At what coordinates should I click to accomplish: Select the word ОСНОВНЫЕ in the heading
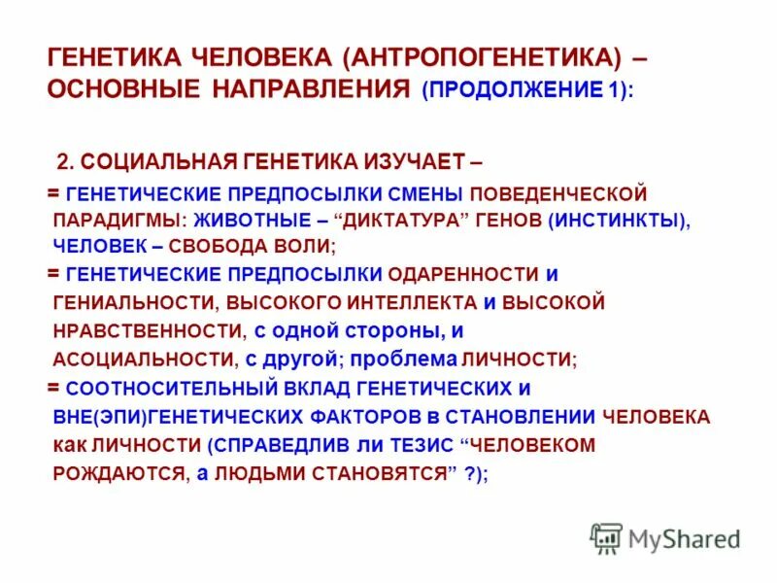[121, 89]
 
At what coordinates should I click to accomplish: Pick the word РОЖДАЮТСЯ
[118, 473]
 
